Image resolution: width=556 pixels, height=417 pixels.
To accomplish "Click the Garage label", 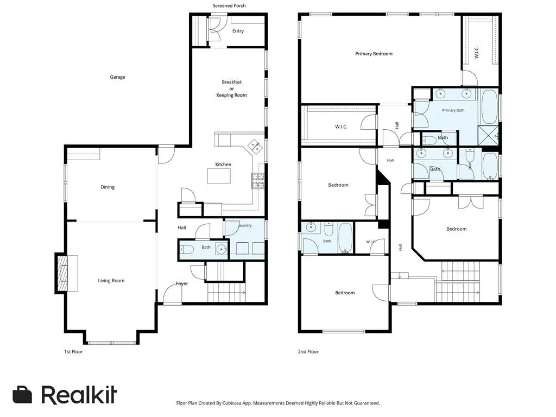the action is coord(117,77).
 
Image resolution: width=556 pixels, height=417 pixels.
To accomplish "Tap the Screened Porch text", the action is coord(229,5).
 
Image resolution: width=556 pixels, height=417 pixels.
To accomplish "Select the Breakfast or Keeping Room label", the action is coord(231,89).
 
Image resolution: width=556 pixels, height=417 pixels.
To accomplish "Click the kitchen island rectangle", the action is coord(219,176).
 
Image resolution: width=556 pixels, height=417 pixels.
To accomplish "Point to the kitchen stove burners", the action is coord(258,181).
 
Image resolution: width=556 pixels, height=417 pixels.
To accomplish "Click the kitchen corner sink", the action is coord(255,147).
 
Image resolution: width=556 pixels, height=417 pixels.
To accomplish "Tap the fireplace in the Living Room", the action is coord(63,273).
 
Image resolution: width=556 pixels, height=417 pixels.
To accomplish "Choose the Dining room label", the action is coord(108,187).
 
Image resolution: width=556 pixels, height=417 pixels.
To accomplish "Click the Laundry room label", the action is coord(244,225).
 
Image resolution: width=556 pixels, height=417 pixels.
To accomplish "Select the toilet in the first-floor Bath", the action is coord(187,250).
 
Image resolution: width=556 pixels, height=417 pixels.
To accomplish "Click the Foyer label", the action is coord(182,283).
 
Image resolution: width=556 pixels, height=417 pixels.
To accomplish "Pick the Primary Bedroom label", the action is coord(374,54).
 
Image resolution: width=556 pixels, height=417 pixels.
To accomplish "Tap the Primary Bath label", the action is coord(453,110).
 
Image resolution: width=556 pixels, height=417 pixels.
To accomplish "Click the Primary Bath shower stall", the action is coord(488,135).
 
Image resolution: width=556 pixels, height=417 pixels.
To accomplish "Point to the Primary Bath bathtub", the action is coord(490,107).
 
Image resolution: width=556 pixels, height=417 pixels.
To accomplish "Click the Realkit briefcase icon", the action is coord(22,395).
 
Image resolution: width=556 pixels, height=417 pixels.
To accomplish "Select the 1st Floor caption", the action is coord(73,352).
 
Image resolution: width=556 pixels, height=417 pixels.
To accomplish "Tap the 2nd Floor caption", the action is coord(308,352).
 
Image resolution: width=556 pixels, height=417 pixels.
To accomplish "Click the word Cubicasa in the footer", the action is coord(231,403).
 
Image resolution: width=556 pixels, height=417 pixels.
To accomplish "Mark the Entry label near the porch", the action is coord(238,31).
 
